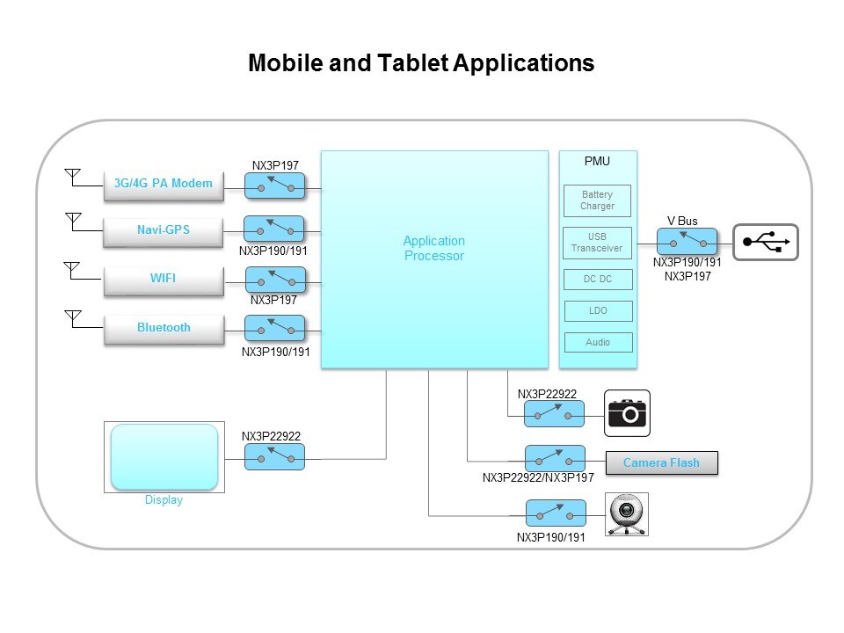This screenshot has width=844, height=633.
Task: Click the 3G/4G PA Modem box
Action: click(x=164, y=184)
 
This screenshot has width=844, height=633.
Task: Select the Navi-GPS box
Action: click(x=164, y=230)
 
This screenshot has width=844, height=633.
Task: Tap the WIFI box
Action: click(x=163, y=279)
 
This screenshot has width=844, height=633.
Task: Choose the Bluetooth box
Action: click(x=164, y=328)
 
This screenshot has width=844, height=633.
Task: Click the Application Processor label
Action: click(x=433, y=248)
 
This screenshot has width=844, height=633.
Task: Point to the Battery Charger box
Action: click(x=597, y=200)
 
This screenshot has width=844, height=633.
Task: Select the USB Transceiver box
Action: click(x=597, y=242)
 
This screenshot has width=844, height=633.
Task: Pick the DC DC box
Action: click(x=597, y=280)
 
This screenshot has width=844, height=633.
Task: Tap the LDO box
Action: click(x=597, y=311)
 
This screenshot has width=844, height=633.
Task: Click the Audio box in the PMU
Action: click(x=597, y=342)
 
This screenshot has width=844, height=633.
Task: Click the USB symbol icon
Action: click(x=766, y=242)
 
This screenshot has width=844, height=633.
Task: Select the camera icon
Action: click(x=628, y=412)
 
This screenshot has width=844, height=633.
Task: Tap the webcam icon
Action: click(x=628, y=514)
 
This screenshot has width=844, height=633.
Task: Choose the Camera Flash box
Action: click(x=661, y=462)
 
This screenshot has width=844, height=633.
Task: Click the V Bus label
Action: click(x=683, y=221)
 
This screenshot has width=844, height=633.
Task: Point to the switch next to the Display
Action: click(x=274, y=456)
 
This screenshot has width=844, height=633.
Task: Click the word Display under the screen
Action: click(x=164, y=500)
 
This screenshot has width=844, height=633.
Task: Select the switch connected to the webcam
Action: click(x=555, y=513)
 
